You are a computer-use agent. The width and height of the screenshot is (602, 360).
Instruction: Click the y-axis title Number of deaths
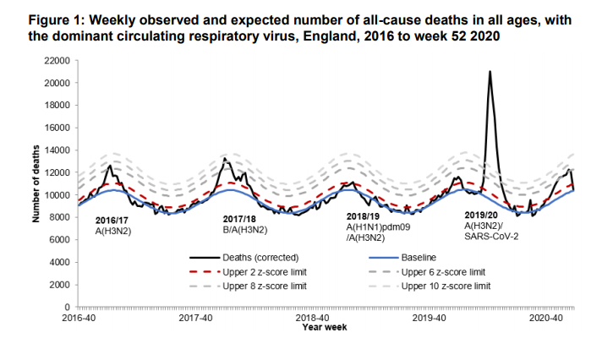[x=37, y=183]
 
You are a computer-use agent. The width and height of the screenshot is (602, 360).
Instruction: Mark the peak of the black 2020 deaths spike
[x=490, y=72]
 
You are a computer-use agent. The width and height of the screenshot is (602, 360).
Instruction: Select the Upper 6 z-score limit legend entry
[x=441, y=271]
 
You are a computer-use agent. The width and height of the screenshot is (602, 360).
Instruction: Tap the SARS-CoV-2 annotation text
[x=490, y=237]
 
